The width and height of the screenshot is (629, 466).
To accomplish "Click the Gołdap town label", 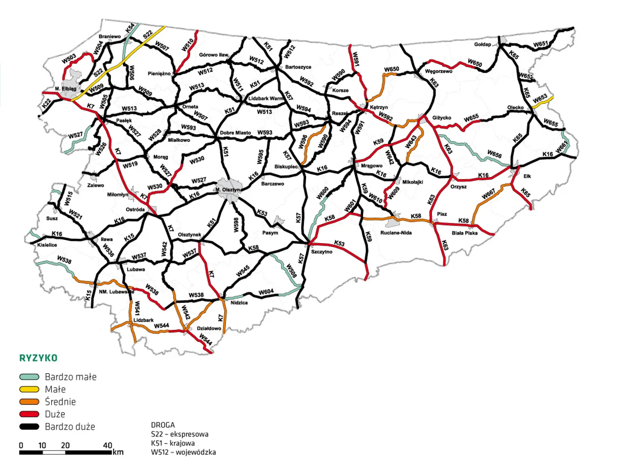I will click(482, 44).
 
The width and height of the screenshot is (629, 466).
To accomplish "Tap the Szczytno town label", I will click(321, 252).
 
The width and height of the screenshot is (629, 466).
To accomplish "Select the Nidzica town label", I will click(239, 303).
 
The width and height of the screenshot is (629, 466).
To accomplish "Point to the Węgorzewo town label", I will click(438, 71).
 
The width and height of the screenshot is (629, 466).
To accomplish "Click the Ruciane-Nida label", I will click(396, 233).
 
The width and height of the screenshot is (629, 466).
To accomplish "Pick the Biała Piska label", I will click(465, 233).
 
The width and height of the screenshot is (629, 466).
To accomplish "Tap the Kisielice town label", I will click(47, 245).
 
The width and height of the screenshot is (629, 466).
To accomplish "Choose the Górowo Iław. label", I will click(214, 55).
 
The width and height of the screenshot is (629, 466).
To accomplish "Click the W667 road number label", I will click(488, 194).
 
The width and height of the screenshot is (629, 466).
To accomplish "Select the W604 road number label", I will click(266, 292).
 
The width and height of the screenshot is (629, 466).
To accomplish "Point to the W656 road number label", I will click(494, 154).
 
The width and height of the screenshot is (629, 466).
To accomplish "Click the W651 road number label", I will click(540, 44).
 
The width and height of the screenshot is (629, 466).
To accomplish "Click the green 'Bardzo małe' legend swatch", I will click(29, 377).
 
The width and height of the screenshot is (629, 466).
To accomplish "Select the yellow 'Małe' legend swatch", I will click(29, 389).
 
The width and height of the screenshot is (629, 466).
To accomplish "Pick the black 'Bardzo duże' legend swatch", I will click(29, 426).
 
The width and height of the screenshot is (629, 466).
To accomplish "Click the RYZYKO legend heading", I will click(38, 358).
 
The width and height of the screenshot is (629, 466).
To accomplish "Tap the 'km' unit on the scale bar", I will click(118, 452).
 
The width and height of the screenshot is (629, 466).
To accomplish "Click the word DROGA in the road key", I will click(163, 425).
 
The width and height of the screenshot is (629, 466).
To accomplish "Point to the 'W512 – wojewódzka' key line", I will click(183, 452).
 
